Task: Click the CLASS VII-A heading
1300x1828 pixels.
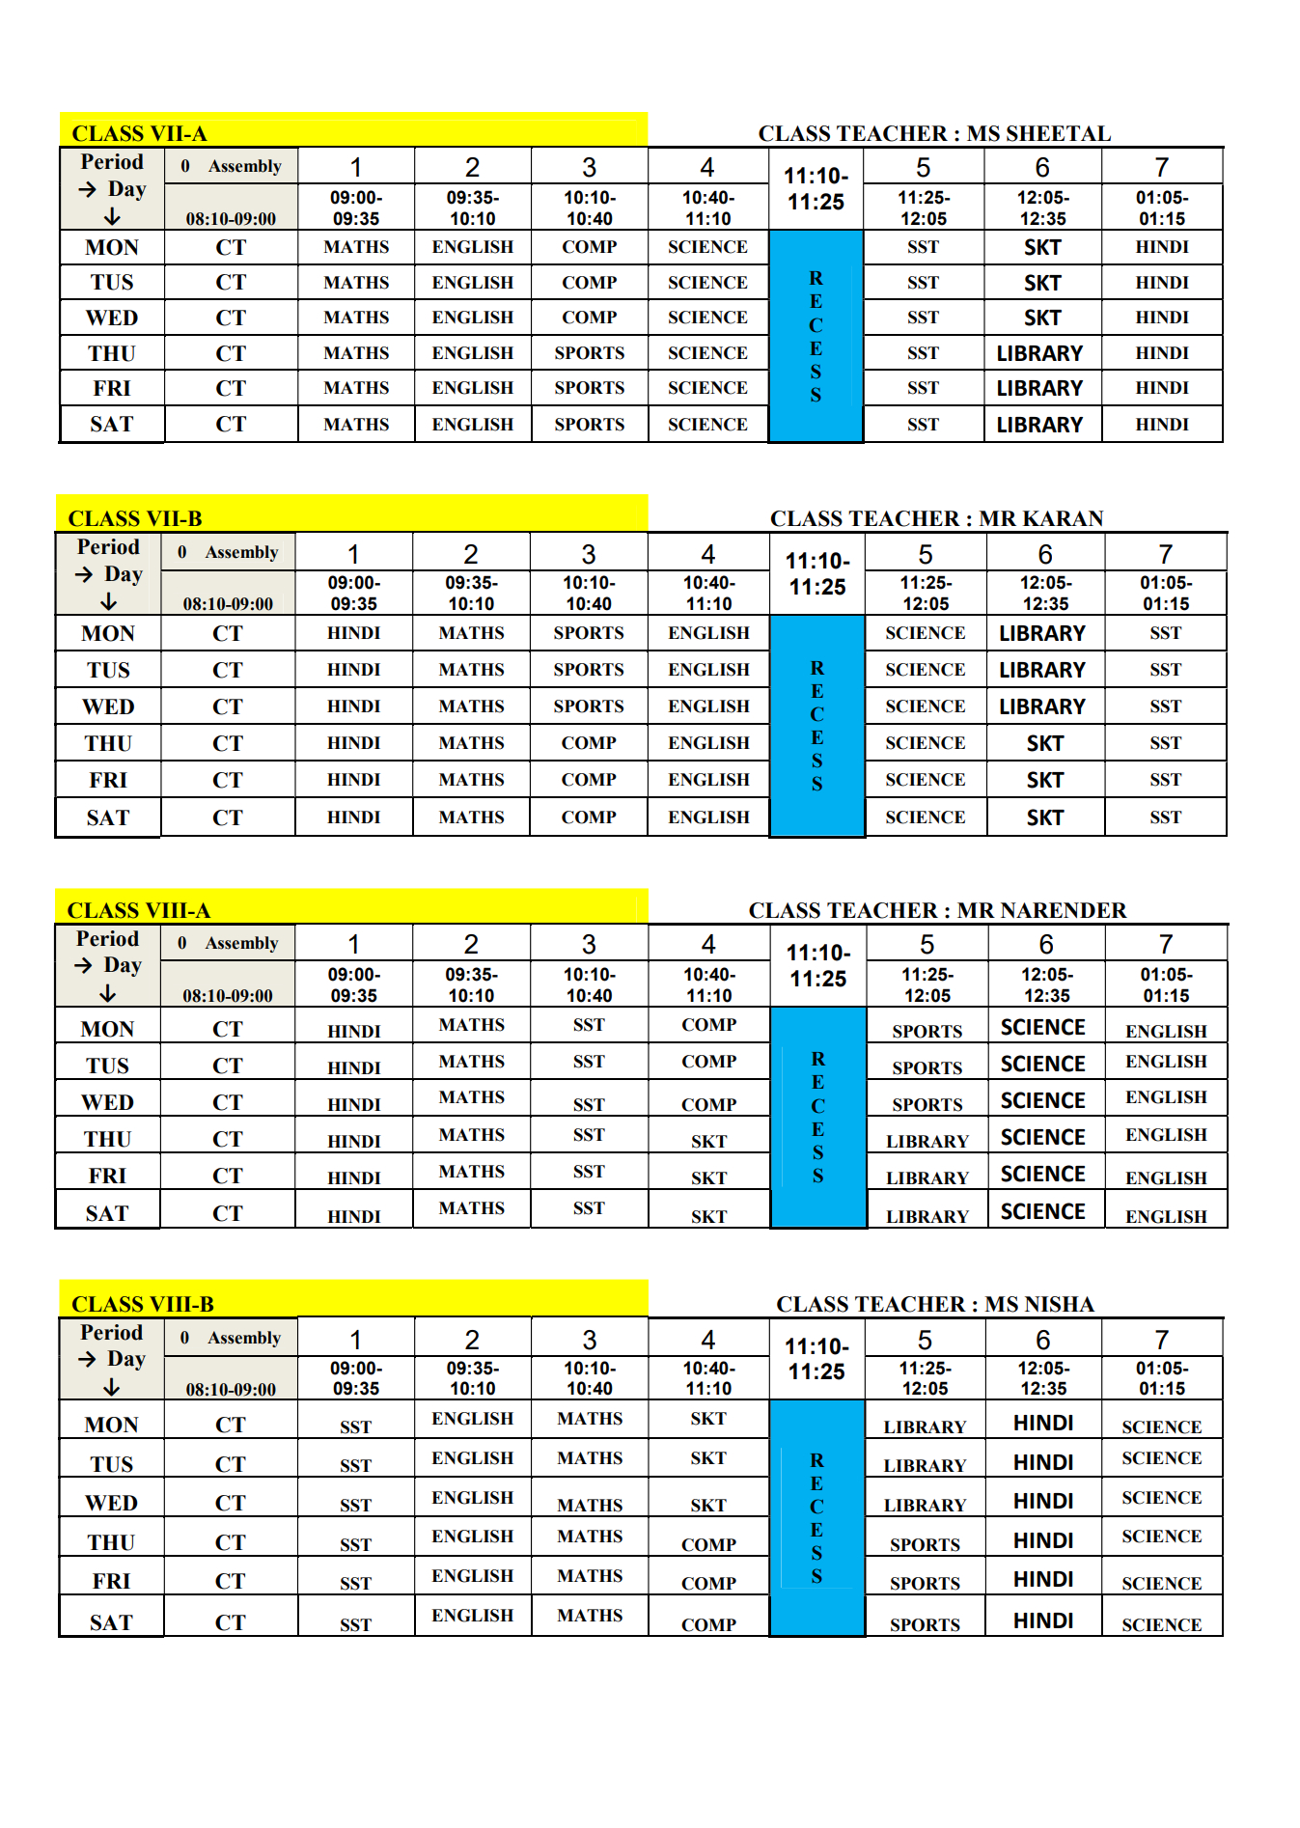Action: [x=139, y=133]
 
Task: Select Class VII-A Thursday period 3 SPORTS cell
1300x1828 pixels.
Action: [x=589, y=353]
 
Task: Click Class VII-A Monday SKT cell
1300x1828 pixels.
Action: [x=1042, y=247]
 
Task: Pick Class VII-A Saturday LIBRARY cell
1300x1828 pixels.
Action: [x=1039, y=425]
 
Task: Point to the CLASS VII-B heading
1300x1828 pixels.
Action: [x=135, y=518]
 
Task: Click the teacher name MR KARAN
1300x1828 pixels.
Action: [x=1040, y=518]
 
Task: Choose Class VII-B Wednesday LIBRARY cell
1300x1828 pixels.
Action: [x=1042, y=706]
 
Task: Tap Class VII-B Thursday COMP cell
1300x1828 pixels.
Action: [x=589, y=743]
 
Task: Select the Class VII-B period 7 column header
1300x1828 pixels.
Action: [x=1166, y=554]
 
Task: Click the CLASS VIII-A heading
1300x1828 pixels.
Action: [x=138, y=910]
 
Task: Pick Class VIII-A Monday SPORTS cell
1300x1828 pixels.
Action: [x=927, y=1031]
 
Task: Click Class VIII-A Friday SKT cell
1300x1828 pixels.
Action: [x=708, y=1177]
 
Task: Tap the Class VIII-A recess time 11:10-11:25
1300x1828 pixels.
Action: [x=818, y=965]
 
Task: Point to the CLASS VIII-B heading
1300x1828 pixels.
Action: [x=143, y=1304]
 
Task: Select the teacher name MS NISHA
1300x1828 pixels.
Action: [x=1038, y=1304]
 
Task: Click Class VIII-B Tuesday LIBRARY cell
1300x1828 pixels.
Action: [x=925, y=1465]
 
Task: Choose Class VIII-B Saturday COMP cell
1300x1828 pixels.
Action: [x=708, y=1624]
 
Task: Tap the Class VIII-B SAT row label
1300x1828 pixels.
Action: [x=111, y=1622]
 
